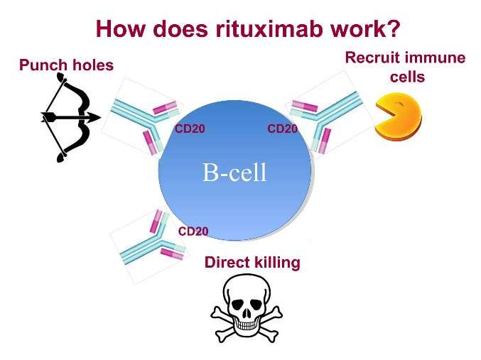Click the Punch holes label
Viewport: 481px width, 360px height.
tap(66, 65)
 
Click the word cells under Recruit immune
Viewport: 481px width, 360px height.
tap(407, 76)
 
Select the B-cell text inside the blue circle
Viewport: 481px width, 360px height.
tap(234, 172)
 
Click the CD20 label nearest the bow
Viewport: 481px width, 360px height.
tap(189, 129)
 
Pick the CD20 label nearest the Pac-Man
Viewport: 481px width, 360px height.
tap(282, 129)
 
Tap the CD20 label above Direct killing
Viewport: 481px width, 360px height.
tap(193, 231)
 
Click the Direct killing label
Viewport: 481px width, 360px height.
tap(252, 262)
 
